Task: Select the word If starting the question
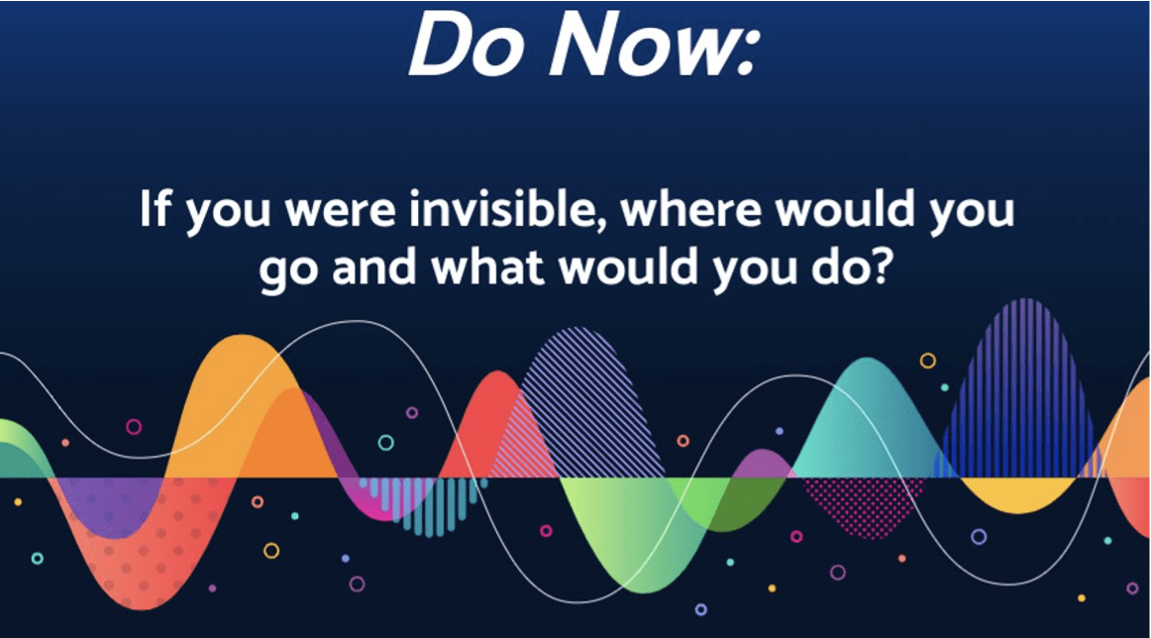tap(155, 208)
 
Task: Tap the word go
tap(288, 271)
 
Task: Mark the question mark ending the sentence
tap(878, 266)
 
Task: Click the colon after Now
tap(747, 55)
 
